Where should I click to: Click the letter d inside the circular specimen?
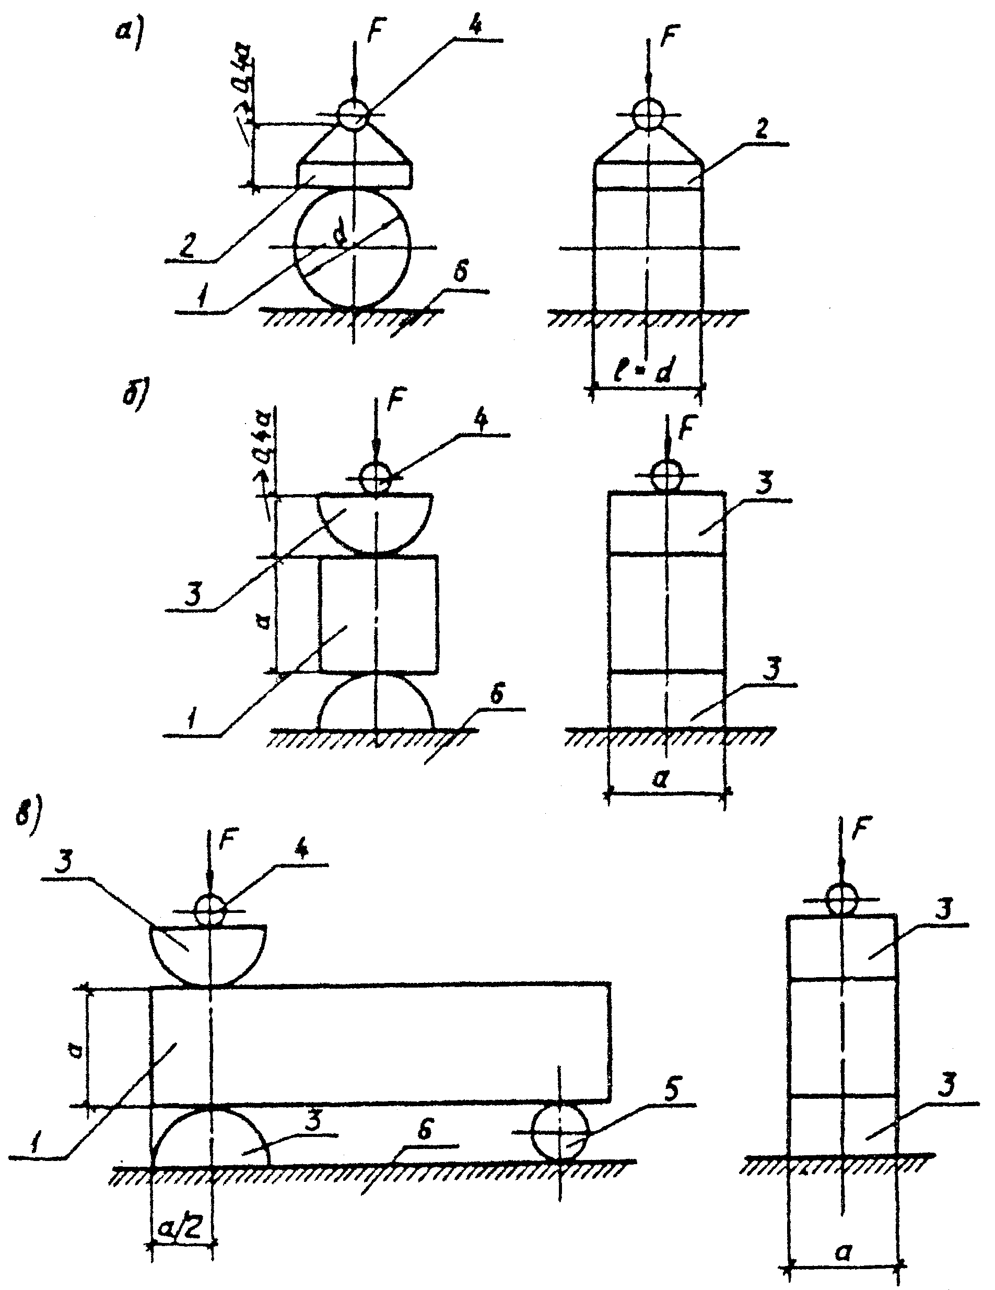click(x=340, y=237)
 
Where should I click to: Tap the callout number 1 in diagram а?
click(x=202, y=298)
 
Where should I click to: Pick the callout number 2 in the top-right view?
click(x=761, y=130)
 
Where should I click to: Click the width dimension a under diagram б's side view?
click(x=661, y=779)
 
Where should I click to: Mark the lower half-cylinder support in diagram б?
click(x=376, y=703)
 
